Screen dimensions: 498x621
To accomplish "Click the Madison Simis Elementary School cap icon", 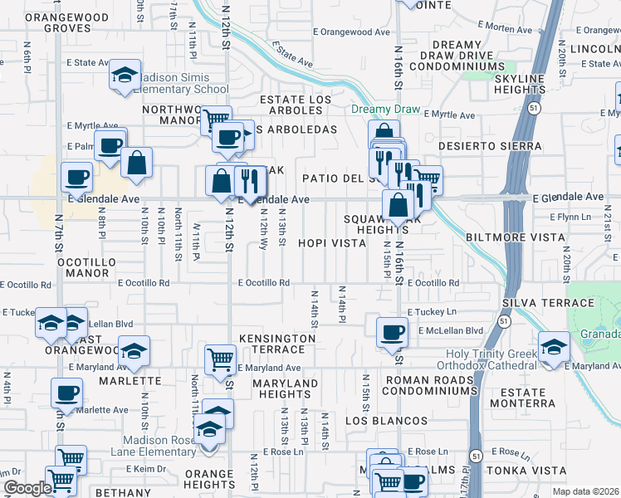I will [125, 76].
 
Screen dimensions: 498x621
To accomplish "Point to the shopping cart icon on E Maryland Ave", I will [220, 360].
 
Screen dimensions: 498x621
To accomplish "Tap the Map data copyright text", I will [585, 491].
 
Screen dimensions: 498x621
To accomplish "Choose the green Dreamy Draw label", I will [386, 110].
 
